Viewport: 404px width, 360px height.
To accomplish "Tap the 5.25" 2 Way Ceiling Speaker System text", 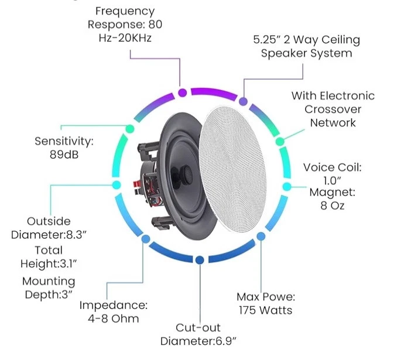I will (306, 47).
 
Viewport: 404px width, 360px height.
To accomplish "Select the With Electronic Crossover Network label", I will (333, 109).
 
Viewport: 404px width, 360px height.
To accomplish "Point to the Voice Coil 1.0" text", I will (332, 174).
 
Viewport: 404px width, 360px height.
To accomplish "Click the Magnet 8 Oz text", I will (332, 198).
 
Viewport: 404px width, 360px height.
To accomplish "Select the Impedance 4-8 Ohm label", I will (114, 311).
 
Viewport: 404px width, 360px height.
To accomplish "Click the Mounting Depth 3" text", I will (49, 287).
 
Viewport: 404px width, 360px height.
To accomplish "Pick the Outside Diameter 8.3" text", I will (49, 228).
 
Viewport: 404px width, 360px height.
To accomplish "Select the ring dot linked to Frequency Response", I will (182, 92).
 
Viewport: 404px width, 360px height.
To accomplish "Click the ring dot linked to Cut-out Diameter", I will (200, 259).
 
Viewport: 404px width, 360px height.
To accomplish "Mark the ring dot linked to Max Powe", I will (261, 236).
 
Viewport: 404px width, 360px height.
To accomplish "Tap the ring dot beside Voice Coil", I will (286, 186).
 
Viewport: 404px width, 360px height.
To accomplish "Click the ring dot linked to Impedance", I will (142, 239).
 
